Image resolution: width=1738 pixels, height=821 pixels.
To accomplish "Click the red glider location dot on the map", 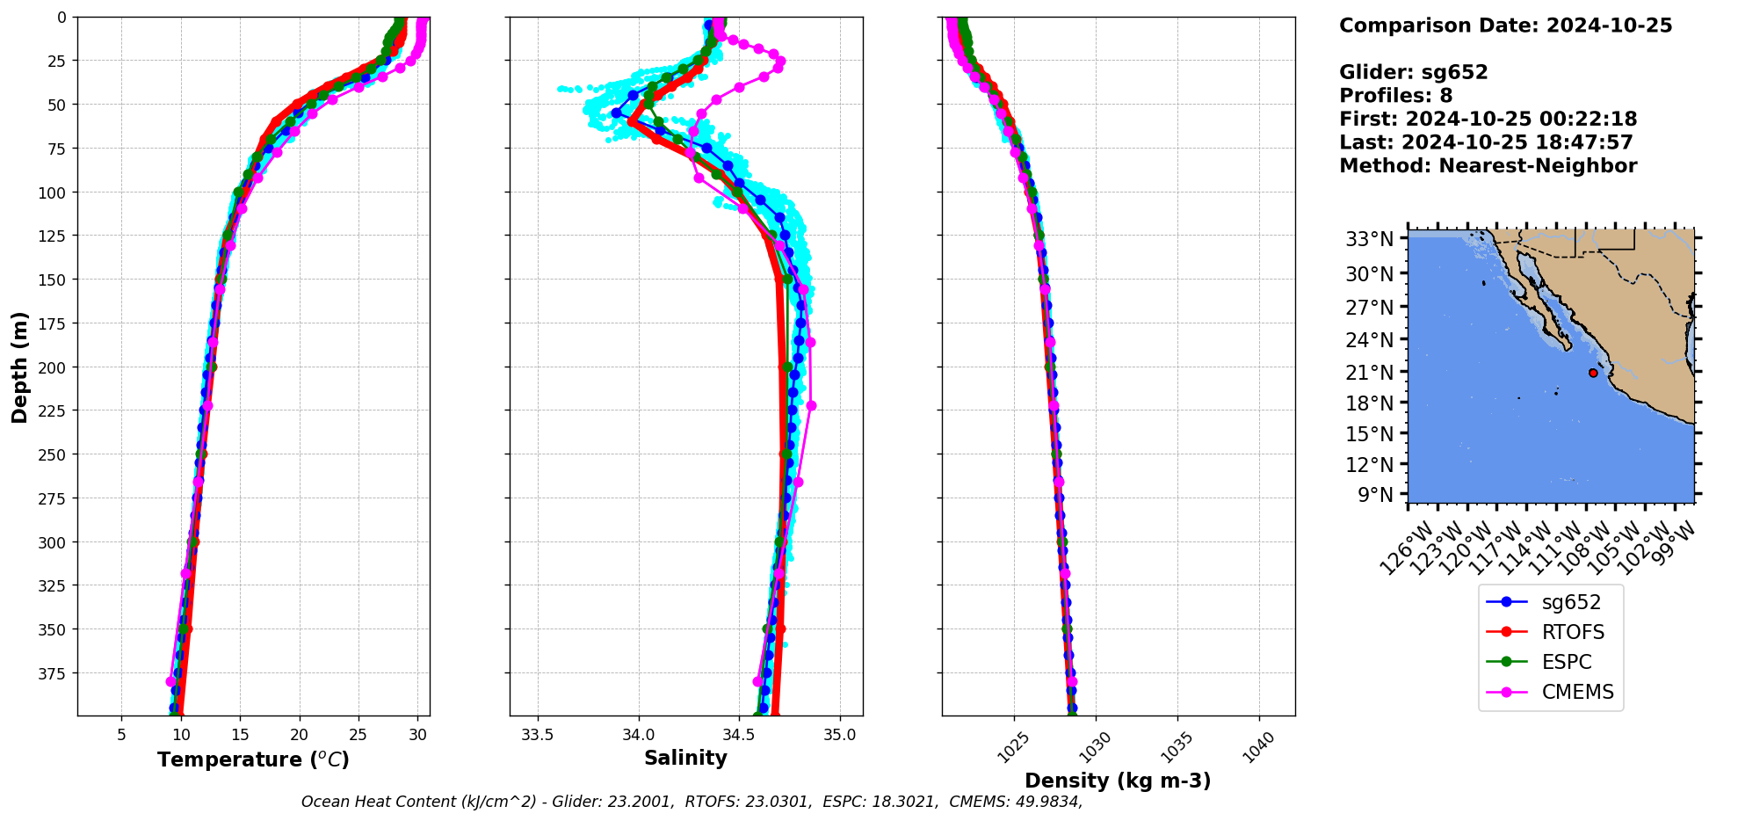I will (1593, 373).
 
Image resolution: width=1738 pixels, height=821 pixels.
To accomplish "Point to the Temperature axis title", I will (253, 759).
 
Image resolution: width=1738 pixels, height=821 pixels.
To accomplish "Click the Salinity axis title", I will (685, 758).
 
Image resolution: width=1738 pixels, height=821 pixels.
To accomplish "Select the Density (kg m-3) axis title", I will (1118, 781).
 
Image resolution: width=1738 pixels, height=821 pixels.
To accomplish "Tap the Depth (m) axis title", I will (19, 367).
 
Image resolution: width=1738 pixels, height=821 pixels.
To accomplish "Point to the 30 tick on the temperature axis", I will (418, 735).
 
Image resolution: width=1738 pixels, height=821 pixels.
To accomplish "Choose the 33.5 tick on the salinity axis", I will (538, 735).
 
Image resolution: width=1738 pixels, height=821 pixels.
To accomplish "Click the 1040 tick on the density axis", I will (1260, 748).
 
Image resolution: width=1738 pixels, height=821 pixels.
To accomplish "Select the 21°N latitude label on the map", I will (1370, 373).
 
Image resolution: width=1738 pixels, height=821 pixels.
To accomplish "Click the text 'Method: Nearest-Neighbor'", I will (1488, 166).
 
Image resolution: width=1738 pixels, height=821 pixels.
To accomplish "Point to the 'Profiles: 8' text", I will (1395, 96).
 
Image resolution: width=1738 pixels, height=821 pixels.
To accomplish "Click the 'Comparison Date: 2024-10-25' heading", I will (1505, 25).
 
